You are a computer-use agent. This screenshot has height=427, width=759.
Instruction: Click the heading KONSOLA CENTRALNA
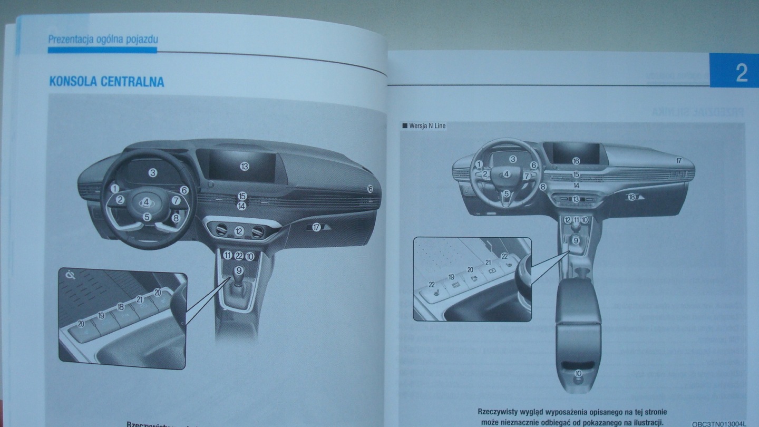(106, 82)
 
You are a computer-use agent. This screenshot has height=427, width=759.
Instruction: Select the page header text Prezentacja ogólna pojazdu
(103, 39)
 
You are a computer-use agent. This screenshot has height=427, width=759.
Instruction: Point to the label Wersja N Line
(427, 126)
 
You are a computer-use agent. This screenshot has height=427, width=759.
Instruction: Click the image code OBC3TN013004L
(719, 423)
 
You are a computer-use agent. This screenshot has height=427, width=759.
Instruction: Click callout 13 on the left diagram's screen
(244, 166)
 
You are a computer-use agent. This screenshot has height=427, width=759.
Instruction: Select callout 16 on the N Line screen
(576, 161)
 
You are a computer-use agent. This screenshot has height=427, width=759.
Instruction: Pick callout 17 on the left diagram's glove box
(316, 228)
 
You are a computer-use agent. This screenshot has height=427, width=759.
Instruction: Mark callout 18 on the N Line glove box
(631, 197)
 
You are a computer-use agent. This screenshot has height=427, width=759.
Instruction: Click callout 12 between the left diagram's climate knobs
(239, 231)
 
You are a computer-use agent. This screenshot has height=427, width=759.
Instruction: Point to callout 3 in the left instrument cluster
(152, 172)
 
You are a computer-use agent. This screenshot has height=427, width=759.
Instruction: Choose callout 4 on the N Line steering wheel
(507, 174)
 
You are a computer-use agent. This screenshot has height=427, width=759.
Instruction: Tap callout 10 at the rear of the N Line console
(578, 374)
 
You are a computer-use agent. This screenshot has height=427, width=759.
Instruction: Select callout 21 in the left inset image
(140, 299)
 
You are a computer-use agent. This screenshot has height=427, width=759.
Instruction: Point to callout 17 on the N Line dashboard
(679, 160)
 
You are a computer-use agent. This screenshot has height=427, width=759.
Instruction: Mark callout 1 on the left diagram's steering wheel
(115, 188)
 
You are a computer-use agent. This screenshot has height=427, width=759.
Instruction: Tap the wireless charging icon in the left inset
(70, 275)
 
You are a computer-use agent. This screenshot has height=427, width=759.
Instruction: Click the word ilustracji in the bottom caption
(644, 422)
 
